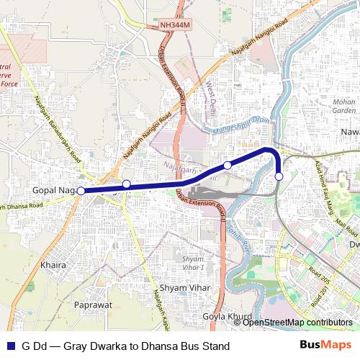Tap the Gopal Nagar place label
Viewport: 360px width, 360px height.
(x=55, y=190)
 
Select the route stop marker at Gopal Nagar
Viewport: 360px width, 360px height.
(x=81, y=191)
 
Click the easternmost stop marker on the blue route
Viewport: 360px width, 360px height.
(x=279, y=176)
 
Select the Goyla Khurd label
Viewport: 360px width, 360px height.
(x=229, y=316)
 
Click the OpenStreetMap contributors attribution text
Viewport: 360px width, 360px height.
(x=298, y=323)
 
